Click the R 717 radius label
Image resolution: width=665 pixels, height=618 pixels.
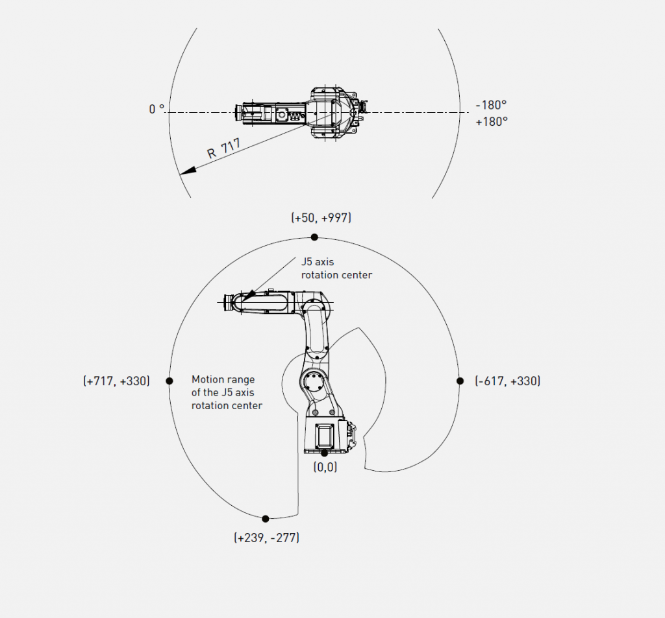tap(223, 148)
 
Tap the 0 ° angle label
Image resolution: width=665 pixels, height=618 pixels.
tap(157, 109)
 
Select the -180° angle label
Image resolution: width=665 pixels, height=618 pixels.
tap(491, 104)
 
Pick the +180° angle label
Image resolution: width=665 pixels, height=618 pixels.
tap(492, 121)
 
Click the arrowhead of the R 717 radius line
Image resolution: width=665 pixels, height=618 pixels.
tap(187, 171)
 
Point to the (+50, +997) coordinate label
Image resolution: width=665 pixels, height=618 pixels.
tap(321, 218)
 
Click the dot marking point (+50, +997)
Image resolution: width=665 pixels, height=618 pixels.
tap(314, 237)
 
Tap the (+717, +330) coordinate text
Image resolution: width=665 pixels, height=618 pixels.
tap(117, 381)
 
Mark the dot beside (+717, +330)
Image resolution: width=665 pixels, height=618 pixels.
tap(169, 381)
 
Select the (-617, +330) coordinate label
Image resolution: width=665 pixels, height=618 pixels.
tap(508, 381)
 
